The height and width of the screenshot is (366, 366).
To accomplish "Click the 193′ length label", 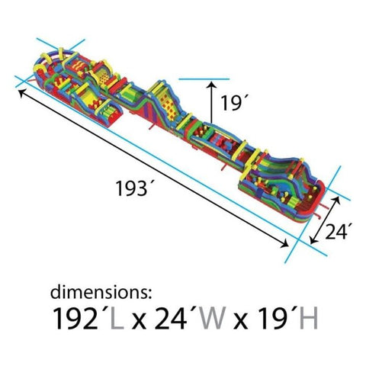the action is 134,188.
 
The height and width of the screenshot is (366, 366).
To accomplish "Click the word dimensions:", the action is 101,293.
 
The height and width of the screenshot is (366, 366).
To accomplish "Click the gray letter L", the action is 117,318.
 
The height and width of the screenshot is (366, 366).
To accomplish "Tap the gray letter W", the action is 213,318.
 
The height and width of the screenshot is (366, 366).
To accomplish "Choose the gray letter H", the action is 309,318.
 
